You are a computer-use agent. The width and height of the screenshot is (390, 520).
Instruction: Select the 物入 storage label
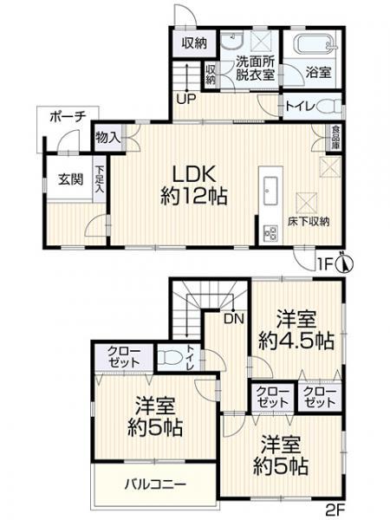(x=107, y=137)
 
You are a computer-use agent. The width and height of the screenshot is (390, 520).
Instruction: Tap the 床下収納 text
(x=309, y=222)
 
